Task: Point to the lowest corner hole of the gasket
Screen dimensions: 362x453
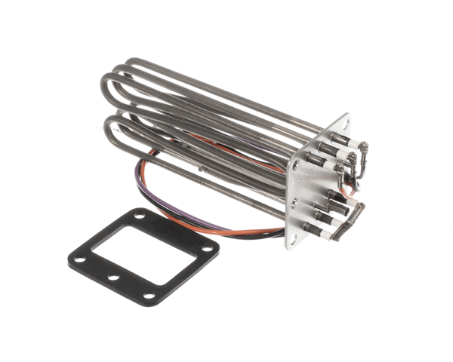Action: pyautogui.click(x=148, y=295)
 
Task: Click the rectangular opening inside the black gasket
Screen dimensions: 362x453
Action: pyautogui.click(x=143, y=254)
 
